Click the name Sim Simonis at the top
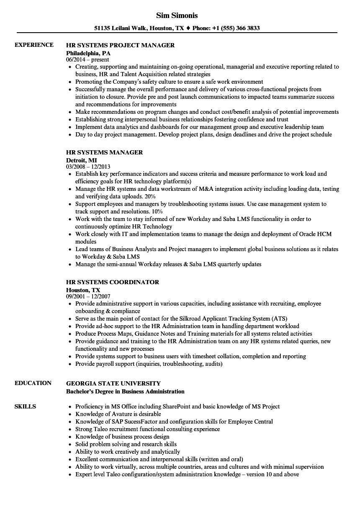point(177,15)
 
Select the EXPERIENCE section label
point(34,45)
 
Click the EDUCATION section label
point(33,383)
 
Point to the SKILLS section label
point(25,407)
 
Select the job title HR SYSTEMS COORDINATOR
point(113,283)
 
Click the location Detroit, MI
point(82,160)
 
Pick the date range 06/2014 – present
point(87,60)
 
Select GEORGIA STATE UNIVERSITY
point(113,383)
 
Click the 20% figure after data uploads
point(150,197)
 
